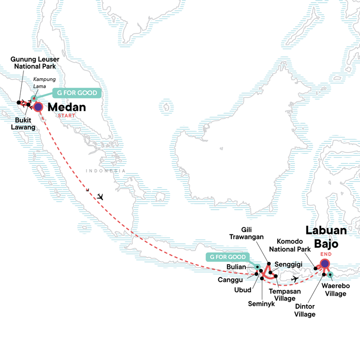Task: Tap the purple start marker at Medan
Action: (x=38, y=107)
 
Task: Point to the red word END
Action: (x=326, y=254)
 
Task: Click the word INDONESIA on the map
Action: (x=106, y=171)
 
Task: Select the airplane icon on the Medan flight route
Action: (x=100, y=197)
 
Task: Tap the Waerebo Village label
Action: (x=333, y=290)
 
